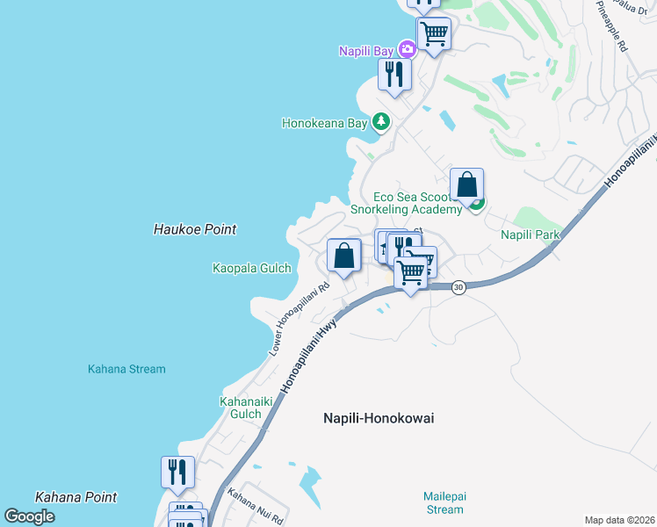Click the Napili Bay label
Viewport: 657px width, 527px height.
366,51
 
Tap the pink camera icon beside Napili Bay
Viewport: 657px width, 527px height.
407,49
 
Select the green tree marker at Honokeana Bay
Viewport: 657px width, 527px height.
380,121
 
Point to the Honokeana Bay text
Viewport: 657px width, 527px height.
324,124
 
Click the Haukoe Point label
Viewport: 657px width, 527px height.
195,229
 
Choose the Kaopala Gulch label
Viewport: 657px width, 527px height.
252,268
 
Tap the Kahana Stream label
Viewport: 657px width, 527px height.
126,369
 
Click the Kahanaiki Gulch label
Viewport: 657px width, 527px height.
241,408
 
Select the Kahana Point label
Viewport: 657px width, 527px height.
76,497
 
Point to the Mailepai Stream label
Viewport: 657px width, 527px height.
443,502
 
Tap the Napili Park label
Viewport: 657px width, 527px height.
530,235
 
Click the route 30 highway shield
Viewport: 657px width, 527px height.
458,287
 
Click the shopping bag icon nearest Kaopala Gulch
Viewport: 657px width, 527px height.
344,256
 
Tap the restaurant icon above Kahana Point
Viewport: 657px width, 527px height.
177,472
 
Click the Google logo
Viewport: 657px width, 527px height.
29,516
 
